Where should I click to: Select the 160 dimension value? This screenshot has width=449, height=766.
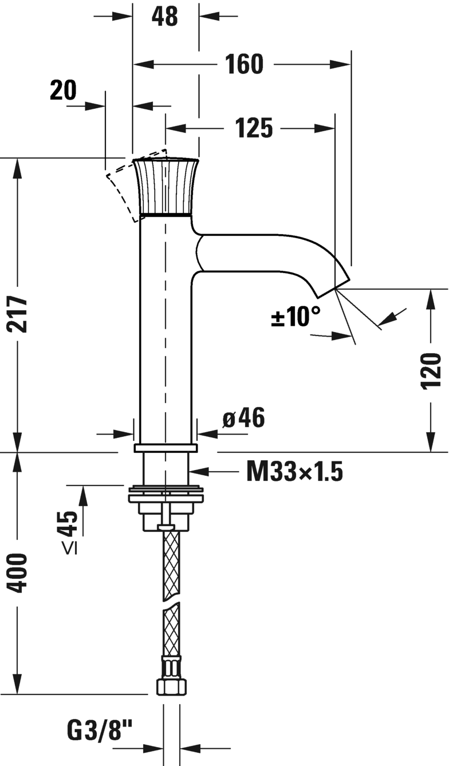[244, 64]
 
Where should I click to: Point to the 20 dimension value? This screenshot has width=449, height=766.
[63, 90]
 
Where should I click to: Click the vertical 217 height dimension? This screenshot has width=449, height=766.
[17, 315]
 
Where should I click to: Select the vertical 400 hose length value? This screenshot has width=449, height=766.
[17, 573]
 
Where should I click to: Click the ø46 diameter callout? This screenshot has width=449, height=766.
[243, 417]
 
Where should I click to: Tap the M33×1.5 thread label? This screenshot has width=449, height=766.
[294, 472]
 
